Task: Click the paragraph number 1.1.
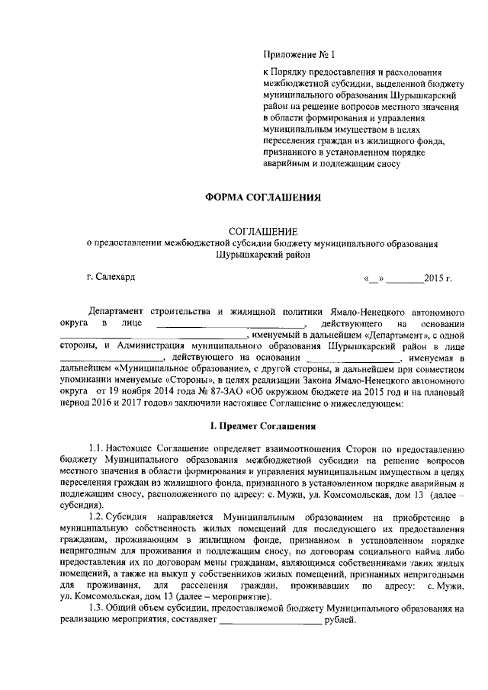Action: pos(97,448)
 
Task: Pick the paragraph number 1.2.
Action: pos(97,518)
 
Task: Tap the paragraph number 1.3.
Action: pos(97,609)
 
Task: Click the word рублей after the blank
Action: pos(340,621)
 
